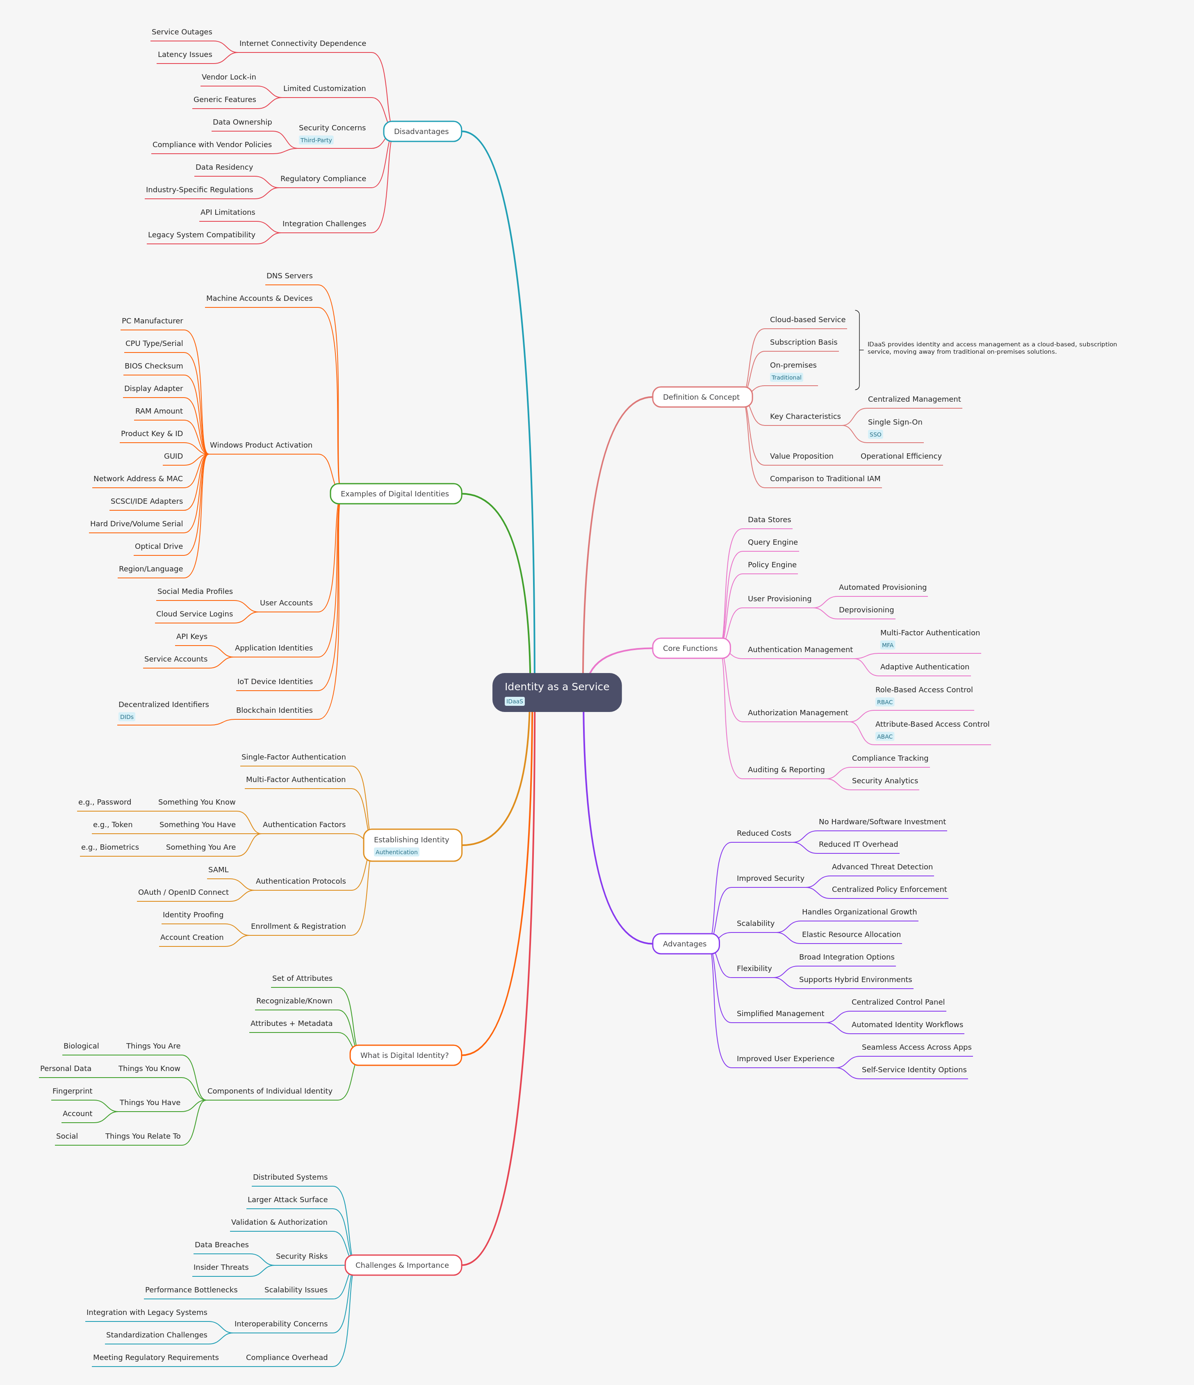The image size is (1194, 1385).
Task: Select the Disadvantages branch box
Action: coord(422,132)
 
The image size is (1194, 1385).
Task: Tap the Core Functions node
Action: coord(690,648)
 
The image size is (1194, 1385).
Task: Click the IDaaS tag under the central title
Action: coord(514,701)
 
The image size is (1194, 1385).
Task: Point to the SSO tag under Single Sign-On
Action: coord(875,434)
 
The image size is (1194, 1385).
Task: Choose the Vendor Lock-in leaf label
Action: coord(229,77)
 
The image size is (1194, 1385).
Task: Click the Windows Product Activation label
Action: coord(261,445)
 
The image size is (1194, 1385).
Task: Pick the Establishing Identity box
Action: coord(412,845)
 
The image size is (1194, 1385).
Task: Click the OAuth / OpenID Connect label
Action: coord(183,892)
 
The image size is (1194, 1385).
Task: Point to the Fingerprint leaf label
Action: coord(72,1091)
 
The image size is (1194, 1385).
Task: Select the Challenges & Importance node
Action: coord(403,1265)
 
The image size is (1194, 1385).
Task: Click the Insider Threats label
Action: coord(221,1267)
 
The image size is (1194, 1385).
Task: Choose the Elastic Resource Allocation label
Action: coord(851,935)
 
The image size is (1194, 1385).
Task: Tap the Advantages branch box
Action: coord(685,944)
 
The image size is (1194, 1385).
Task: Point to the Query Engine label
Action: coord(772,542)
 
